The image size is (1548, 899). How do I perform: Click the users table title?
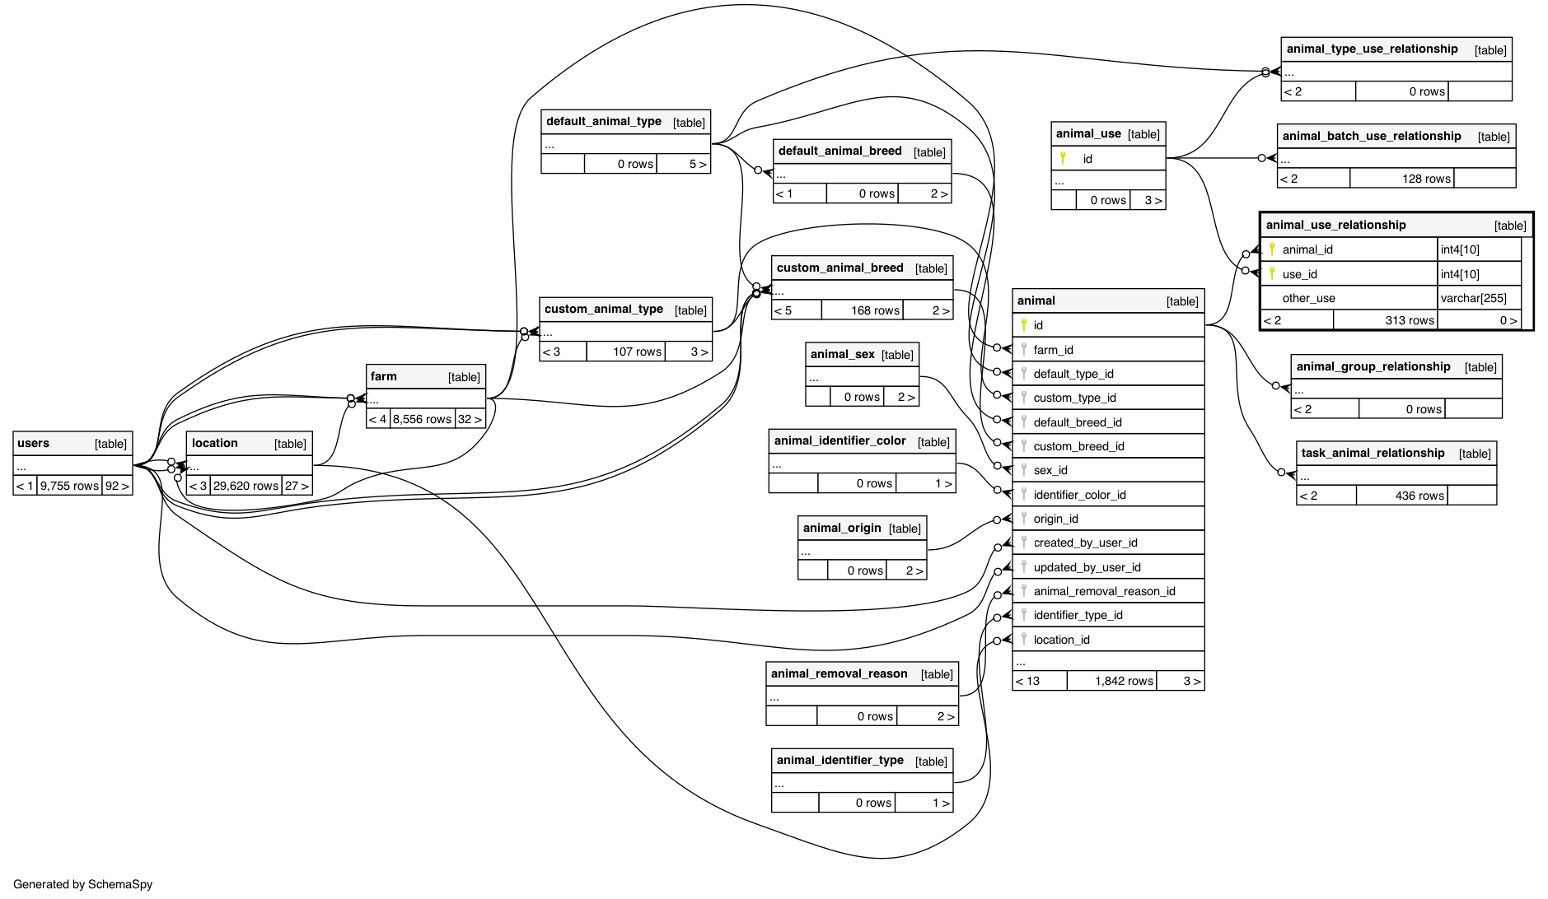(x=34, y=444)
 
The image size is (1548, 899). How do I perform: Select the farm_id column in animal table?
(x=1053, y=350)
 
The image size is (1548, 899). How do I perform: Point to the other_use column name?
(x=1308, y=298)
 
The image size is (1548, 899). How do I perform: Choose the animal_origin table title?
(x=841, y=528)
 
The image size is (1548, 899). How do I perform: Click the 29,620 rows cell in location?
(x=246, y=486)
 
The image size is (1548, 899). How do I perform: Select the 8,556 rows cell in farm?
(x=422, y=419)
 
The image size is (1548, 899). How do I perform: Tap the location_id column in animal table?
(x=1061, y=640)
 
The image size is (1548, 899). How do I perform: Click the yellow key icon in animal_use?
(x=1063, y=158)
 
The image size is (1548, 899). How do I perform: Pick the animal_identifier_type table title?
(x=839, y=760)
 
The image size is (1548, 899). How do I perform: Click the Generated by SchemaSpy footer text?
(x=83, y=884)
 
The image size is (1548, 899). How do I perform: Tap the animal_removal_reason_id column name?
(x=1104, y=591)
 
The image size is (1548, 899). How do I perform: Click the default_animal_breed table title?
(x=839, y=151)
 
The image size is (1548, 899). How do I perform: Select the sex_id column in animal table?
(x=1050, y=470)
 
